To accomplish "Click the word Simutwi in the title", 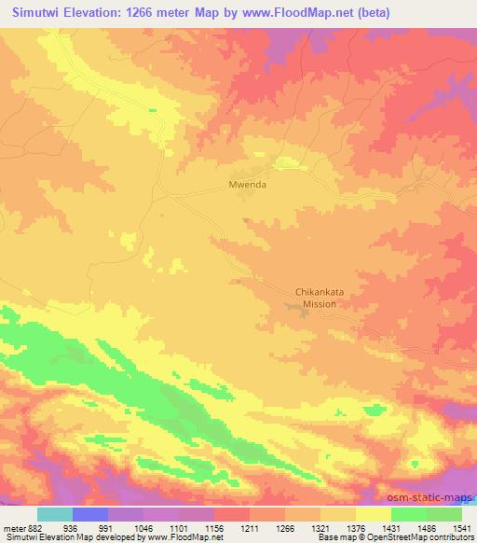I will pyautogui.click(x=34, y=13).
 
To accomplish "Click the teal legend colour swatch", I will pyautogui.click(x=55, y=513).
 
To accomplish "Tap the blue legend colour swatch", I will pyautogui.click(x=91, y=513).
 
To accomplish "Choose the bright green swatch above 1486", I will pyautogui.click(x=408, y=513).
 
